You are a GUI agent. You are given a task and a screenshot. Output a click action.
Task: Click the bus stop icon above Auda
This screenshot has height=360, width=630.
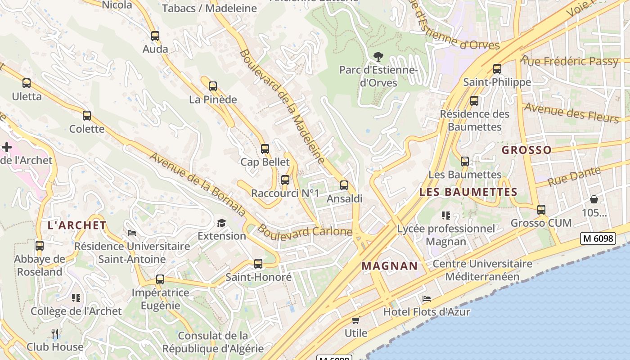(155, 36)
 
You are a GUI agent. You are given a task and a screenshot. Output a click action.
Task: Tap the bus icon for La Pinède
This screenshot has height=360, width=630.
(213, 86)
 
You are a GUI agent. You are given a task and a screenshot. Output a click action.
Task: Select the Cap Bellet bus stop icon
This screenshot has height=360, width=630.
(265, 149)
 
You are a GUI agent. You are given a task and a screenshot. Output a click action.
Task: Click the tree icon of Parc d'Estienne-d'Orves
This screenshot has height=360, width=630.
(378, 57)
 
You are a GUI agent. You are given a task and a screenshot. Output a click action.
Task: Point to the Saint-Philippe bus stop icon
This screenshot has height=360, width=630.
(497, 69)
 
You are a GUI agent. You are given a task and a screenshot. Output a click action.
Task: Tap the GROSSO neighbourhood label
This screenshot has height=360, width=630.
(526, 150)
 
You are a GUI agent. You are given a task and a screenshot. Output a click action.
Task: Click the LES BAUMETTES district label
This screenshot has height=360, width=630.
(468, 192)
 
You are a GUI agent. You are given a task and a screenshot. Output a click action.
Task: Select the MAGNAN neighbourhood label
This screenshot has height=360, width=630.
(390, 266)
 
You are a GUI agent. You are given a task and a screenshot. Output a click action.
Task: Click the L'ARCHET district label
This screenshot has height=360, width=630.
(77, 225)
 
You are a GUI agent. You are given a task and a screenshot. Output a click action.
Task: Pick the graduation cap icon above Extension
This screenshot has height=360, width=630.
(221, 223)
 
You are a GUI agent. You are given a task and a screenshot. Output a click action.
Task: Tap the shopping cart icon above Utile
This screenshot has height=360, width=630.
(355, 320)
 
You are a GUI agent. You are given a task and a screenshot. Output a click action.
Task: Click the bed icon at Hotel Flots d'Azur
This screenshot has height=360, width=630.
(426, 299)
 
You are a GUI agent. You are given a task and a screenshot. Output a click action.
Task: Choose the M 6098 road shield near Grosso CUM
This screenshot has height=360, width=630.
(598, 238)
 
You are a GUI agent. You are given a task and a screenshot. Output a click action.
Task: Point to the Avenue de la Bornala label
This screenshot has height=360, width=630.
(198, 184)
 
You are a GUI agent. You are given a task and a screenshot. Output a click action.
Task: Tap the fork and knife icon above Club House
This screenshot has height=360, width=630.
(55, 334)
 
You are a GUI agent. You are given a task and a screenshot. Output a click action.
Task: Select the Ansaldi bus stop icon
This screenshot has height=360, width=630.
(344, 185)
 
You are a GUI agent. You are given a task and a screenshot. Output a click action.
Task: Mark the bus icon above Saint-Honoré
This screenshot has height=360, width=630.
(258, 264)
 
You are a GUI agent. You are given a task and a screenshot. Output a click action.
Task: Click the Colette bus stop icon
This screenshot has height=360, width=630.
(87, 116)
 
